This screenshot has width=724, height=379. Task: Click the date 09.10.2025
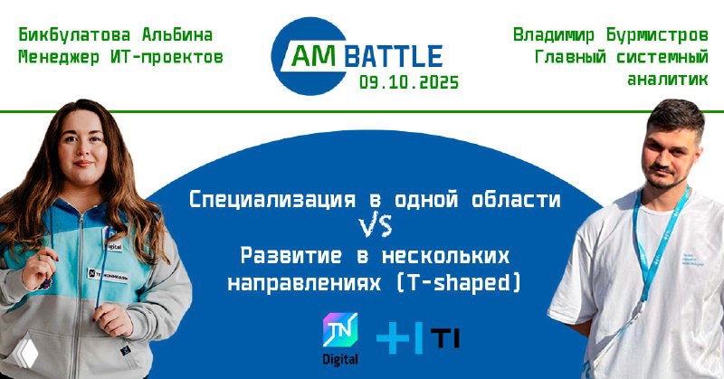point(408,82)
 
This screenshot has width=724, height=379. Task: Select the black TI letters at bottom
point(444,338)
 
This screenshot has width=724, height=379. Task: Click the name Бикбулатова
point(74,36)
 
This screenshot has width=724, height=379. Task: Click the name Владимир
point(553,36)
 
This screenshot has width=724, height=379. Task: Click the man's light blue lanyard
point(648,237)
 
